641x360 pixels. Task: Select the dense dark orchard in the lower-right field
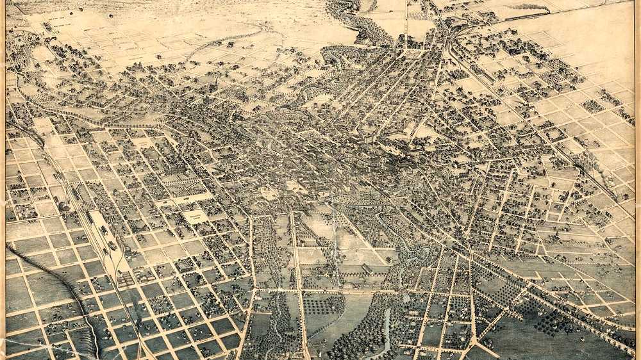tap(551, 320)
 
